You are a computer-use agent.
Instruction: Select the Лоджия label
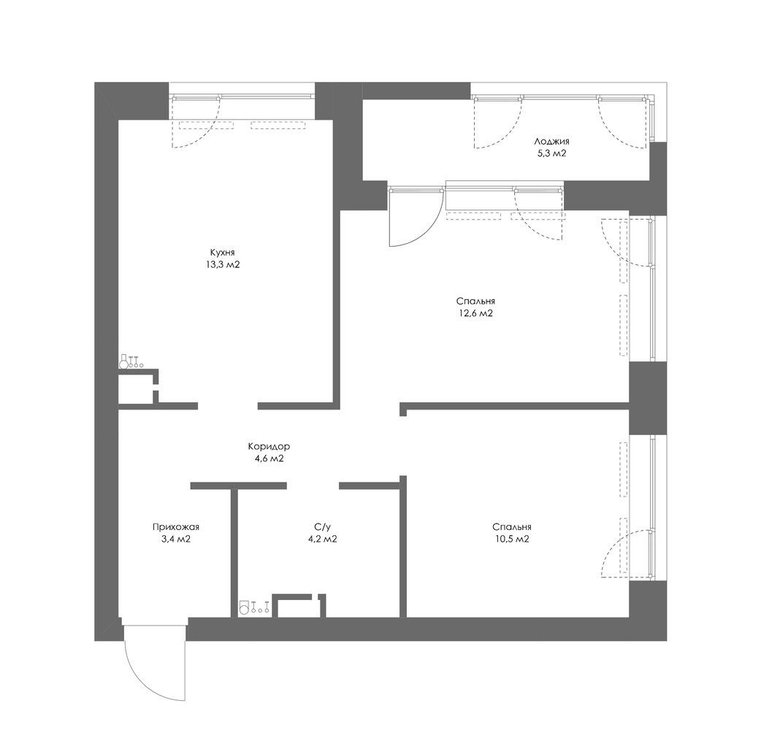point(552,142)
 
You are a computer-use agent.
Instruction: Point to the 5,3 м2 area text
point(552,154)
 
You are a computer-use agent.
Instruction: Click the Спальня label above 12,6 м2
point(475,301)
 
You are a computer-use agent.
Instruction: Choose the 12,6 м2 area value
point(475,313)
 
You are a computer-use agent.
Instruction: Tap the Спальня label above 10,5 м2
point(511,527)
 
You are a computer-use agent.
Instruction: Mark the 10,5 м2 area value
point(511,539)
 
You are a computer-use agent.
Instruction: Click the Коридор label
point(269,446)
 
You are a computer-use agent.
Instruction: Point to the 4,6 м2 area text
point(269,458)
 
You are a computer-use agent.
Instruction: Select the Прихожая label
point(176,527)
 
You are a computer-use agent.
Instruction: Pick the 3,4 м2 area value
point(176,539)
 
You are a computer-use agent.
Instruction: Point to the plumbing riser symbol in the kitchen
point(131,362)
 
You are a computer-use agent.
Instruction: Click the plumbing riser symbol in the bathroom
point(254,608)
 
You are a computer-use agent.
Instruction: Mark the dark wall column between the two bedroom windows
point(648,398)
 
